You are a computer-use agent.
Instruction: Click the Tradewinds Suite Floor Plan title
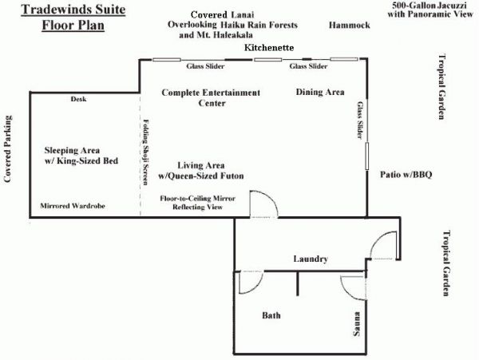(73, 17)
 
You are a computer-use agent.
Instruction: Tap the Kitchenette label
(269, 48)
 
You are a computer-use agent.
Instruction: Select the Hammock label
(349, 25)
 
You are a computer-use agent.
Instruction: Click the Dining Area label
(320, 92)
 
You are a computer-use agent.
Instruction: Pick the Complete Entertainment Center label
(211, 97)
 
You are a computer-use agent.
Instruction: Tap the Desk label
(78, 99)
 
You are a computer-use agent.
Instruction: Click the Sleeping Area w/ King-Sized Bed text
(81, 156)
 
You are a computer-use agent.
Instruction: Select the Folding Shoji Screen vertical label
(146, 152)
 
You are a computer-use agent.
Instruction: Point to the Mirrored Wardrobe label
(73, 206)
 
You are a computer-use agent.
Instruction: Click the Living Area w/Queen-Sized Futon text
(201, 170)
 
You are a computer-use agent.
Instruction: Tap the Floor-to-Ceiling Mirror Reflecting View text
(198, 203)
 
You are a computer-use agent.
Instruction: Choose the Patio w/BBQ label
(406, 175)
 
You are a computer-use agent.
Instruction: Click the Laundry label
(311, 259)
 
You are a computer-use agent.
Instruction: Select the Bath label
(271, 315)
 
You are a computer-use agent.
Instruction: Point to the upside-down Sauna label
(357, 323)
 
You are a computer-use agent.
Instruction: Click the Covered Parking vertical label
(8, 149)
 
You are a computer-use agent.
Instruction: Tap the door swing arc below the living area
(271, 198)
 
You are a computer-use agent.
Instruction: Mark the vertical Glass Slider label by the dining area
(361, 120)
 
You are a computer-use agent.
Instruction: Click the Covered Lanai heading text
(223, 14)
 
